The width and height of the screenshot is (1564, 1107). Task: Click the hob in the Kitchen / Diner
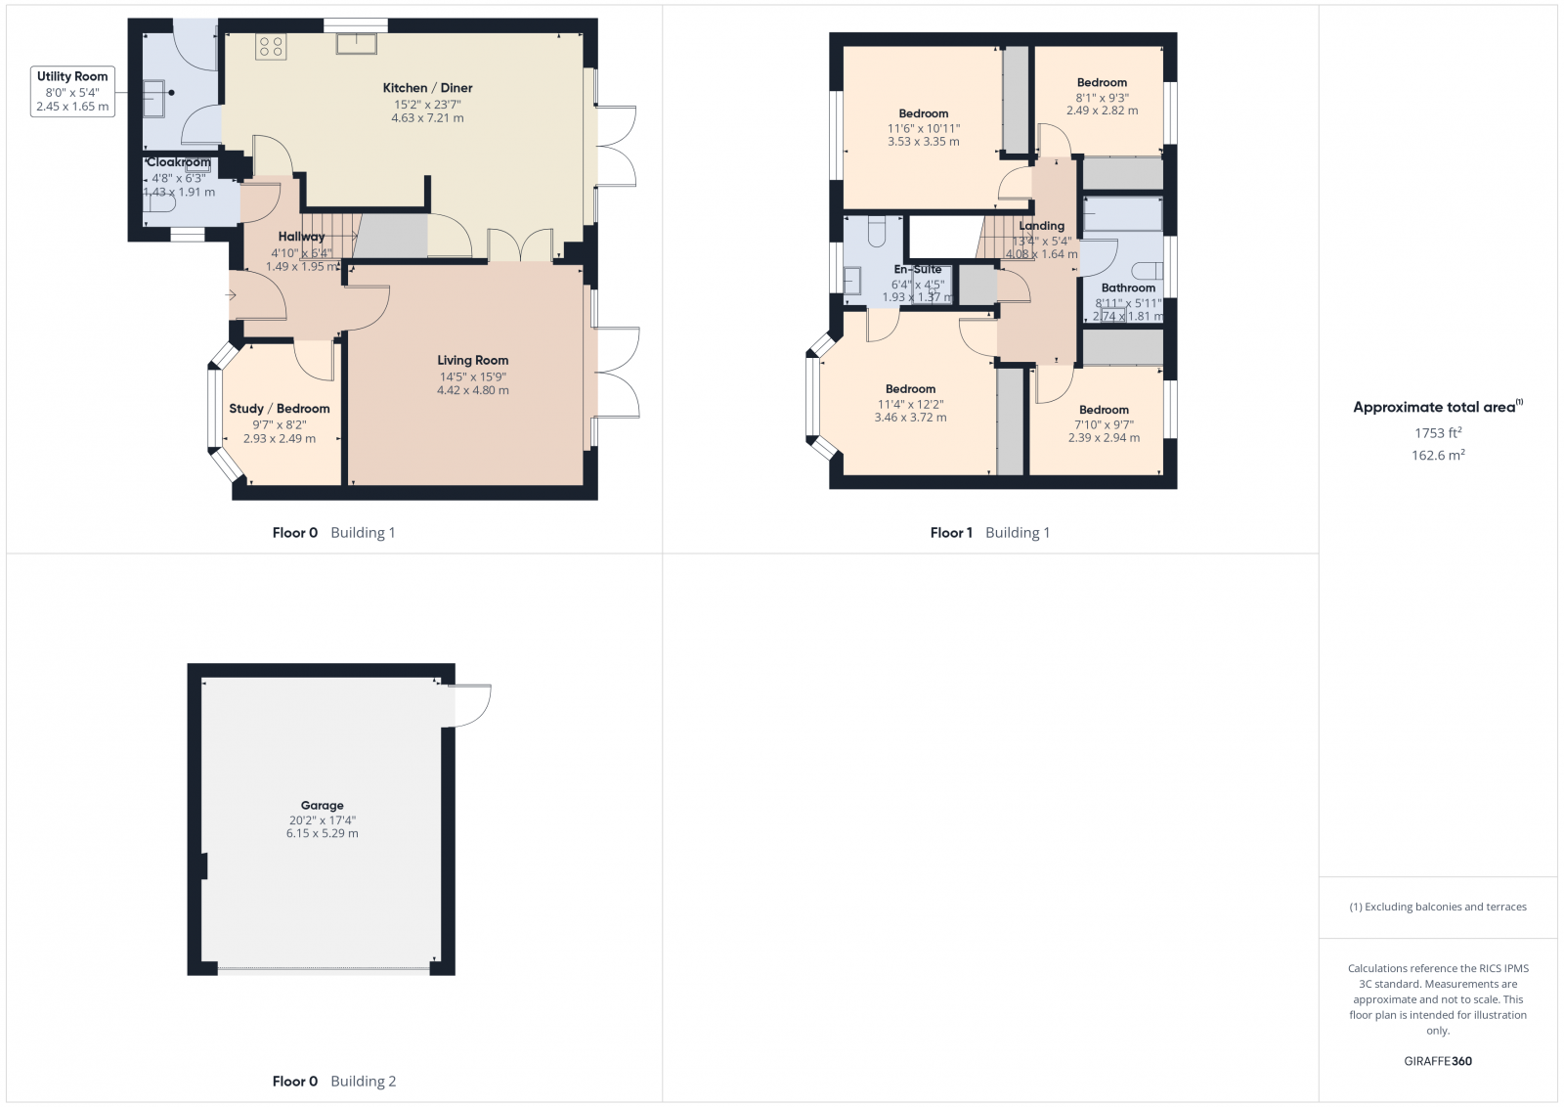coord(271,46)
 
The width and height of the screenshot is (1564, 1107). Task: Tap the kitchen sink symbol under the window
coord(357,43)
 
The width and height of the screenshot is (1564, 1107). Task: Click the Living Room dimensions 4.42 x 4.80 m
coord(472,390)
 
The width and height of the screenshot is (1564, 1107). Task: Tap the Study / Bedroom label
coord(280,409)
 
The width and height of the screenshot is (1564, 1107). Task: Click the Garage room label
coord(322,806)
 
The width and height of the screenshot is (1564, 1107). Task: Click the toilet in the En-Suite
coord(876,231)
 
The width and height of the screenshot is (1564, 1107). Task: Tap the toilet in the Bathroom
coord(1150,271)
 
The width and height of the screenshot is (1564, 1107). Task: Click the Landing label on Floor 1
coord(1041,226)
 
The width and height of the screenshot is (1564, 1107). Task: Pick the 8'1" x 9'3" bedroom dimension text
coord(1102,98)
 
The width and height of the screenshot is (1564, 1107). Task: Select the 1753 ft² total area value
coord(1437,432)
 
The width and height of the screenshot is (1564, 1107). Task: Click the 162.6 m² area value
coord(1437,455)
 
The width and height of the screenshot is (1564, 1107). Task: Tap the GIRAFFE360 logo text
coord(1437,1061)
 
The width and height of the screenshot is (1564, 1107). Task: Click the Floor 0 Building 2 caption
coord(333,1081)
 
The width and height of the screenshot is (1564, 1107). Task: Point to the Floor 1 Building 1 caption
coord(989,533)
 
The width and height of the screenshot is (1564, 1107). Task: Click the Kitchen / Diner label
coord(427,88)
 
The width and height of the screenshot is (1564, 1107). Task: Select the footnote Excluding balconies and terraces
coord(1438,907)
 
